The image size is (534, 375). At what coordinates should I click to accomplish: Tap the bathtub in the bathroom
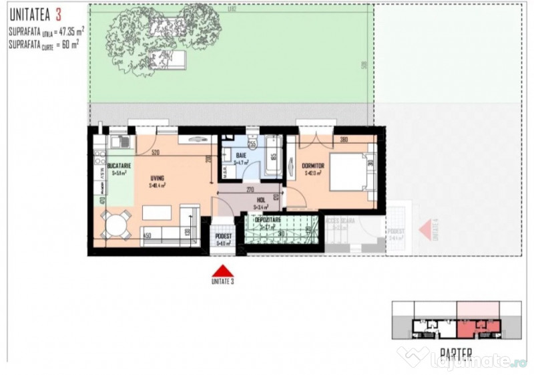pyautogui.click(x=274, y=156)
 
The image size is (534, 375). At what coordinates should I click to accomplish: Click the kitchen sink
pyautogui.click(x=121, y=142)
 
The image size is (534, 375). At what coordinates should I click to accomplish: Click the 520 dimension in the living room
pyautogui.click(x=155, y=153)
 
